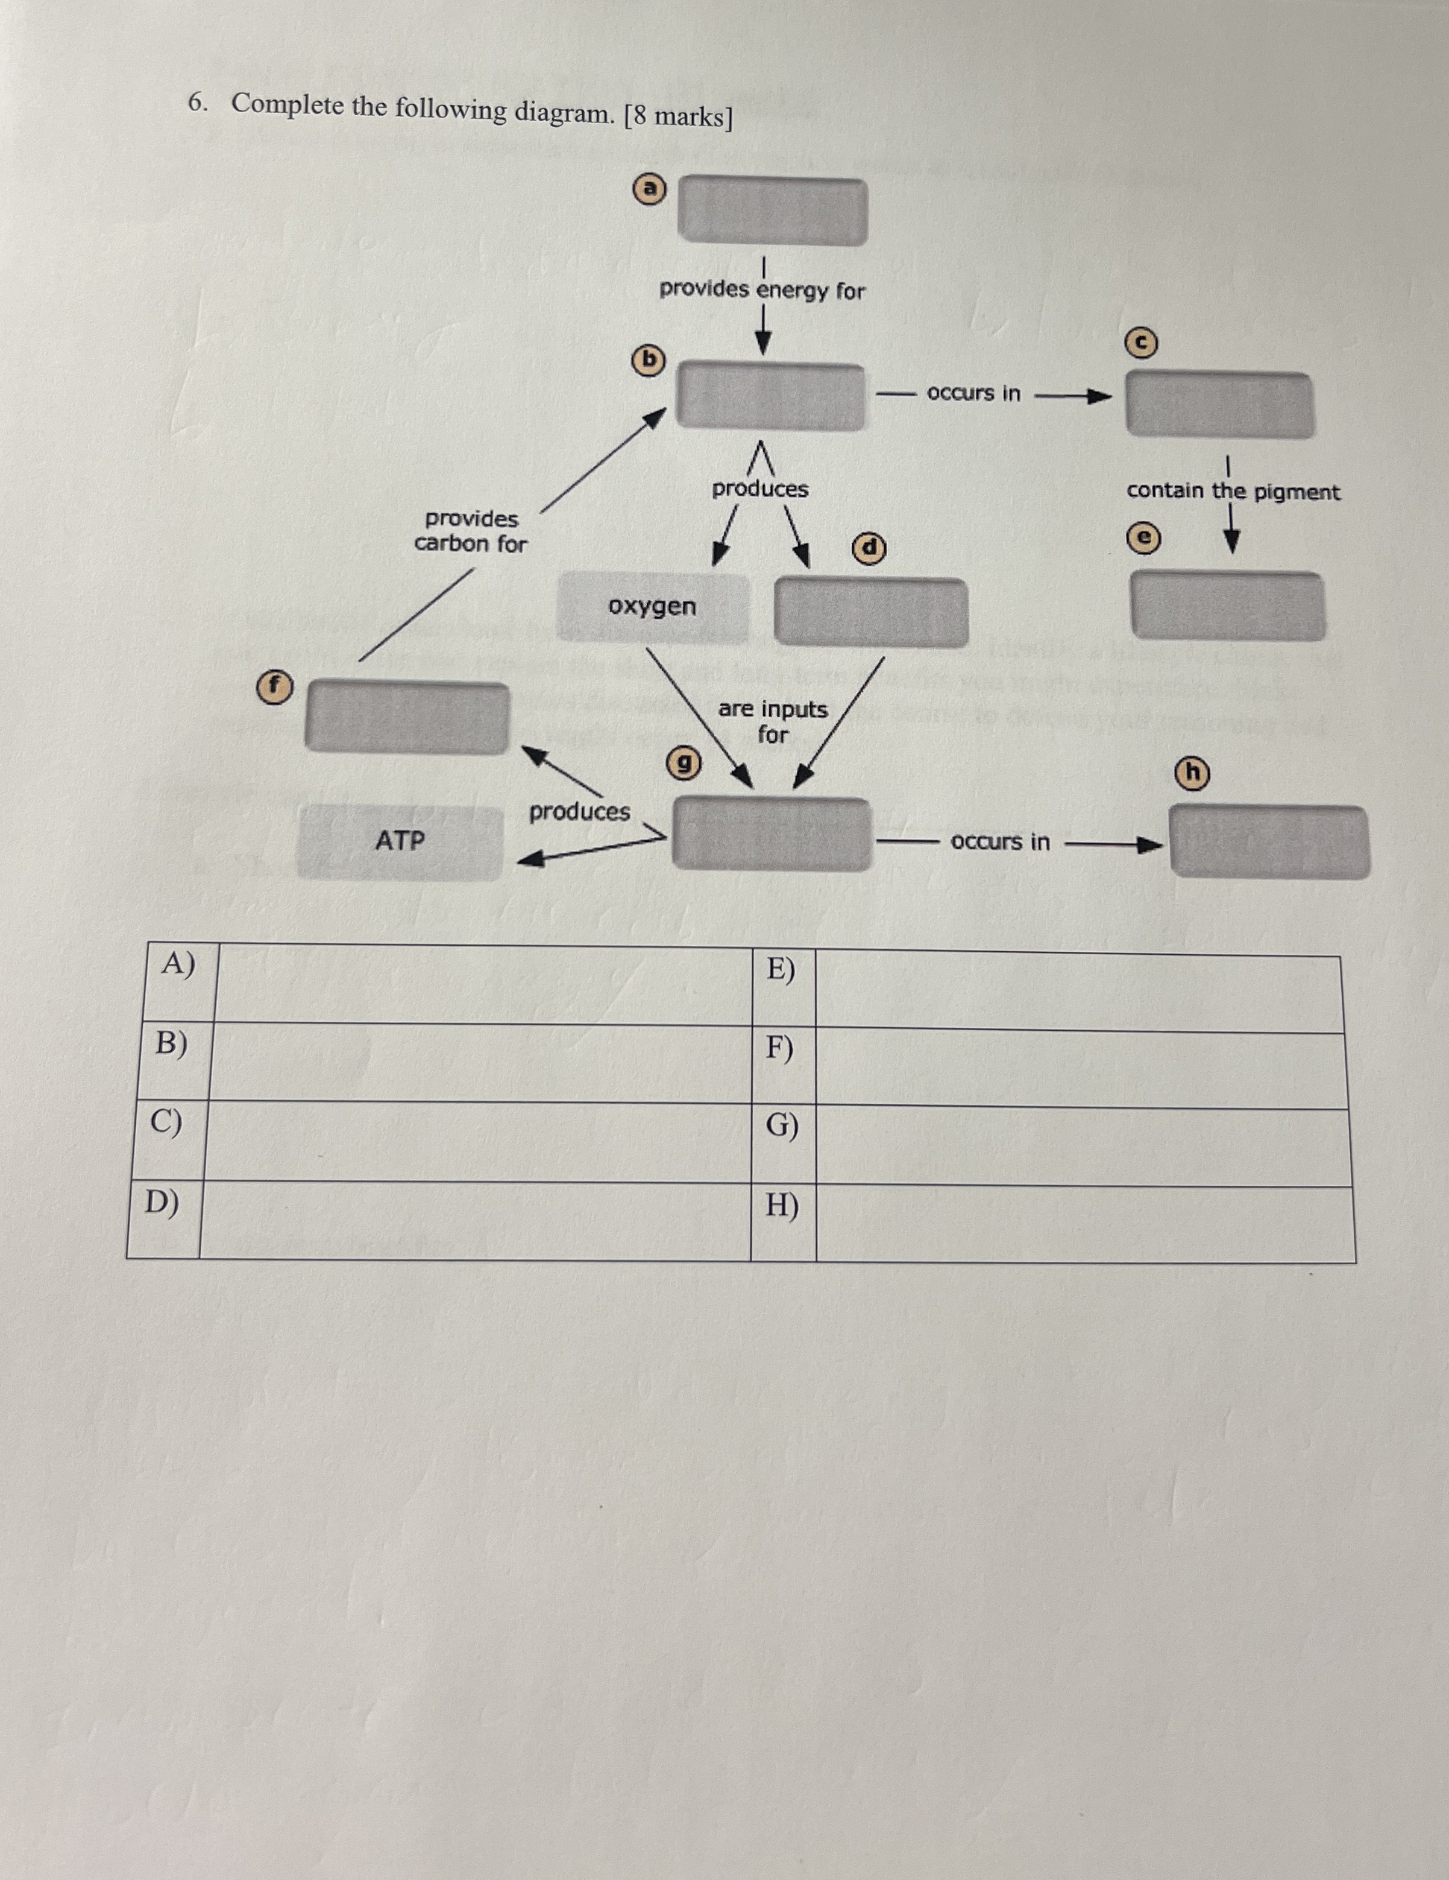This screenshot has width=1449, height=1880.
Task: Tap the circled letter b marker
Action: [650, 360]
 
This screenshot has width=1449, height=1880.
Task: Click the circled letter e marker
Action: [1143, 538]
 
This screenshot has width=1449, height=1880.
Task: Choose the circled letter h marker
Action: [1193, 774]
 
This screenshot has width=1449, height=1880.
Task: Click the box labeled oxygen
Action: [652, 606]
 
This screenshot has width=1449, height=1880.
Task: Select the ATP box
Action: [400, 841]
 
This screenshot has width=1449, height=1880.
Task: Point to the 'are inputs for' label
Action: [773, 721]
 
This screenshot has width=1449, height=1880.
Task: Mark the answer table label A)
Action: [177, 964]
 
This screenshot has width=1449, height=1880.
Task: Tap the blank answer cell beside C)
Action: [477, 1141]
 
